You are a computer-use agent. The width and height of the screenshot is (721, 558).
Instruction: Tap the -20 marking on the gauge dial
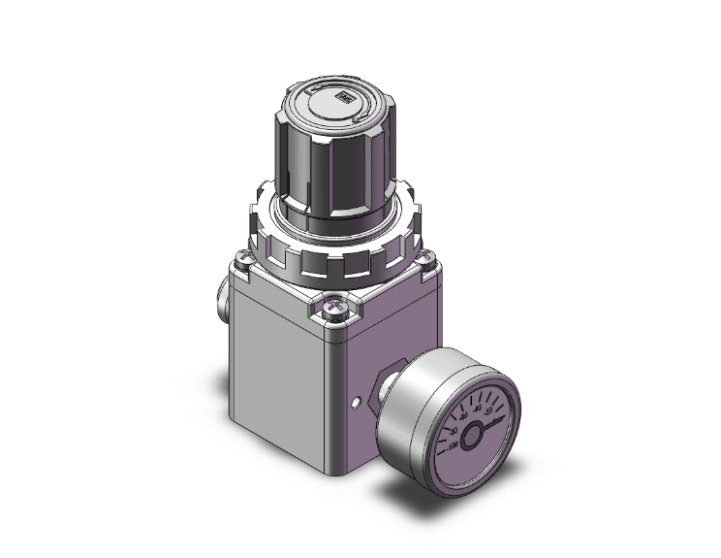pyautogui.click(x=487, y=410)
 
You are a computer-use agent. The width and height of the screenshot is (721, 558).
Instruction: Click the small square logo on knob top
pyautogui.click(x=343, y=97)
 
